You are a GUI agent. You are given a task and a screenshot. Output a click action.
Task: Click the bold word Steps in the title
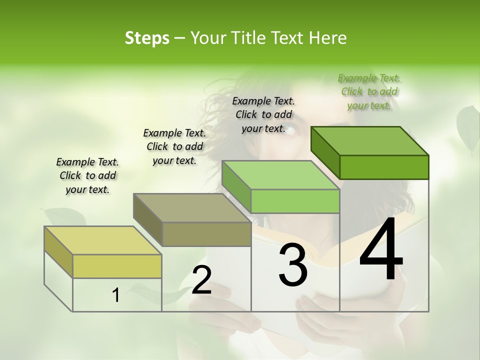coord(147,38)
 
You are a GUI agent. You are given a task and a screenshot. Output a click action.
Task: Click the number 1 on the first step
coord(116,295)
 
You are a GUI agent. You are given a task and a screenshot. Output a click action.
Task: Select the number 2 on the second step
coord(201,280)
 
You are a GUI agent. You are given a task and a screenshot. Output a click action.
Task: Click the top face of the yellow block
coord(103,240)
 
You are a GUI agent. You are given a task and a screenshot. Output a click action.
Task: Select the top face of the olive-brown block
coord(192,208)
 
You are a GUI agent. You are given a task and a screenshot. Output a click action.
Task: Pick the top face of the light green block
coord(280,175)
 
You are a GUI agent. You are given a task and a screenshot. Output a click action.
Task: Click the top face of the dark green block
coord(369,141)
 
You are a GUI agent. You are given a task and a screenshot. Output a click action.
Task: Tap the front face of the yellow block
coord(117,266)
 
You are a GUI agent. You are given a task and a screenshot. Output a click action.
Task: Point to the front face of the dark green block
coord(384,167)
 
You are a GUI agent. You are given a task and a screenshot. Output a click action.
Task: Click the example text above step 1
coord(87,175)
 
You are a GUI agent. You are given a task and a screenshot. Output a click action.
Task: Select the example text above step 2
coord(174,146)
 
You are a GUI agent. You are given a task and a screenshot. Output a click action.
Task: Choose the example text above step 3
coord(263,114)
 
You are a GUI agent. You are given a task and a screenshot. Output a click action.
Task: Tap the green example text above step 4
coord(369,91)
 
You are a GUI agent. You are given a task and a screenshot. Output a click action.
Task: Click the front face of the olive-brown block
coord(206,234)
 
